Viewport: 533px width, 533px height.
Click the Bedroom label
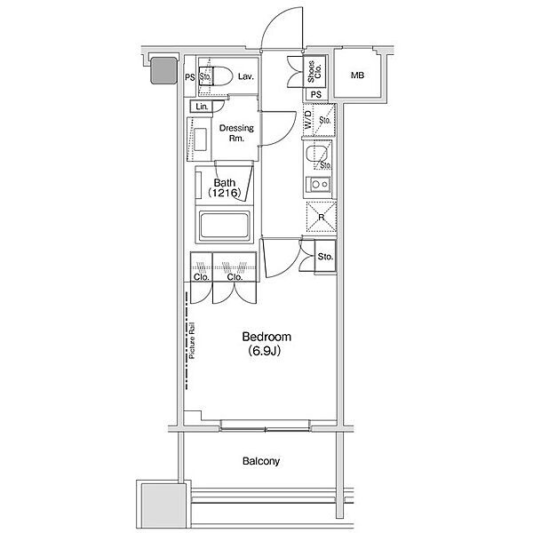click(266, 337)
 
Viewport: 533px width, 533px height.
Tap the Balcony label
click(261, 461)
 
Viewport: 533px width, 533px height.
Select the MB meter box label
click(357, 76)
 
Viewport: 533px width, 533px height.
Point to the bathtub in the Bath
click(225, 225)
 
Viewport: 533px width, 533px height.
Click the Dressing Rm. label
click(236, 133)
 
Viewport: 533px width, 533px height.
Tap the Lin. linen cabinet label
click(202, 107)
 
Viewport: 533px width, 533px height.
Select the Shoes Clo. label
click(314, 72)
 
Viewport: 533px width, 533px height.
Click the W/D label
click(308, 119)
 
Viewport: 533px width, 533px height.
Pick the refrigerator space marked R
click(322, 217)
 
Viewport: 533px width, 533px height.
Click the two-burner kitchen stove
click(319, 185)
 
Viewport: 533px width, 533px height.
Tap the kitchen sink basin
click(317, 155)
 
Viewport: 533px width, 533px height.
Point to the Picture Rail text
click(192, 340)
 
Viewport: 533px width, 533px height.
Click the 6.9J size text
click(265, 351)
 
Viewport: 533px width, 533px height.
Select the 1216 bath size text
click(225, 193)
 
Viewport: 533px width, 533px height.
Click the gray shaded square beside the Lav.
click(163, 70)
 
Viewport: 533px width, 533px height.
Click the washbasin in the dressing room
click(200, 139)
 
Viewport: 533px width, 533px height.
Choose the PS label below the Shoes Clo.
click(315, 94)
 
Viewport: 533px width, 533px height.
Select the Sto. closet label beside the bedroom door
click(325, 257)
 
